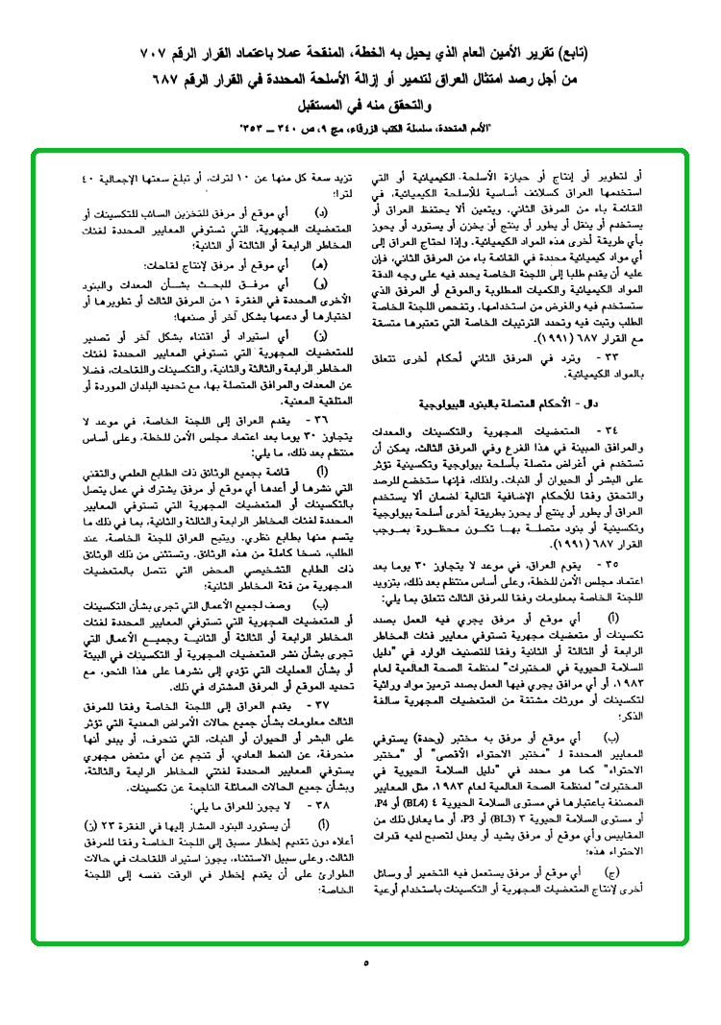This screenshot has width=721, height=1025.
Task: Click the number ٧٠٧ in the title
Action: tap(87, 51)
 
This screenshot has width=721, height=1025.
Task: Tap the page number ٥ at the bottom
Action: tap(365, 962)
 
